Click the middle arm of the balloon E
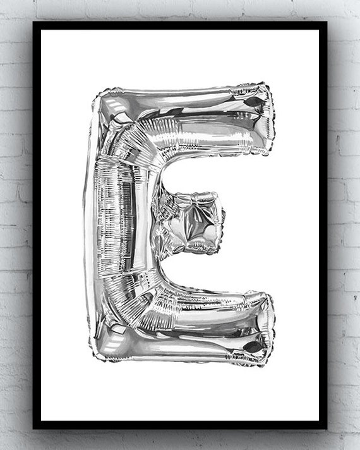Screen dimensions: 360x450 (x=189, y=222)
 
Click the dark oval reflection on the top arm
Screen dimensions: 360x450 (x=255, y=102)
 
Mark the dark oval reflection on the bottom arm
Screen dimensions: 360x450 (x=253, y=347)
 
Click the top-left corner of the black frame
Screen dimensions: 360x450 (x=33, y=22)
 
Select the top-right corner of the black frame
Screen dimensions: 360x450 (x=327, y=22)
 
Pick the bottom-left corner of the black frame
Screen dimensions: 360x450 (x=33, y=429)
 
